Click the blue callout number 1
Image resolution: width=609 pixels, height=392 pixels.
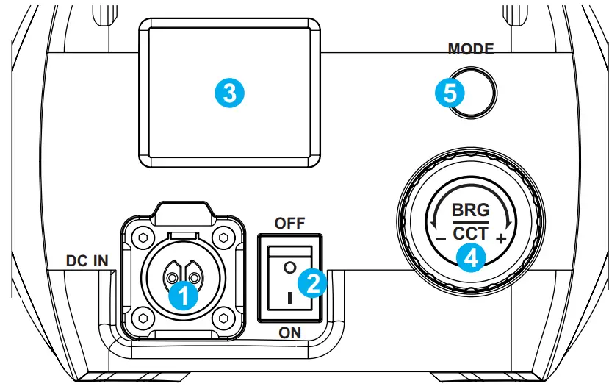[181, 296]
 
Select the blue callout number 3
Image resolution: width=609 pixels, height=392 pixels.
[228, 93]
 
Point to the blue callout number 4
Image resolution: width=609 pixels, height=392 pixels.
[470, 257]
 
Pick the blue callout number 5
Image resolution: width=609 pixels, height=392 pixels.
[449, 93]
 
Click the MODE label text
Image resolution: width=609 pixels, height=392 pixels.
[470, 49]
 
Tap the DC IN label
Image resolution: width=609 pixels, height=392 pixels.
[87, 261]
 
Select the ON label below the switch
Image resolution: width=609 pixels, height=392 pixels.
[289, 332]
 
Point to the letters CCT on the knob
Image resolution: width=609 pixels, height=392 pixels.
[470, 234]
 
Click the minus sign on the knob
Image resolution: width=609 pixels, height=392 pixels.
[438, 240]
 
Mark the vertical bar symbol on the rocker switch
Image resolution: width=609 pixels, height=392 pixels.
[289, 300]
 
